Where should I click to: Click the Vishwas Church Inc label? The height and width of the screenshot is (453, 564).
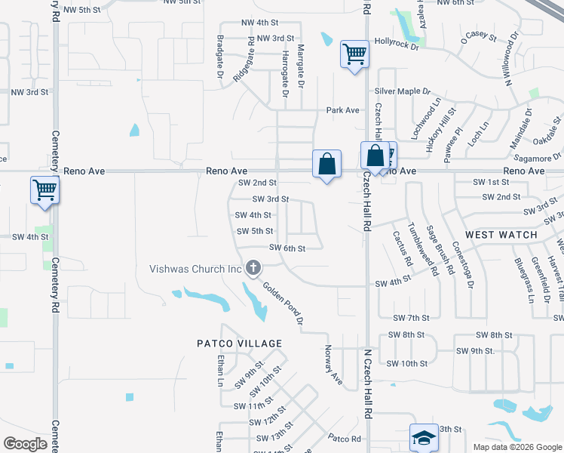195,269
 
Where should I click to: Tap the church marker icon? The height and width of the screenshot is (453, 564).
254,268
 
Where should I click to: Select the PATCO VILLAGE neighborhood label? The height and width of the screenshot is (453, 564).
239,344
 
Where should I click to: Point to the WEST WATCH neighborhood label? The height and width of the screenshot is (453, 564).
501,235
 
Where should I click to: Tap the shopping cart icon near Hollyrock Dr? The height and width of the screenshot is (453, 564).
354,54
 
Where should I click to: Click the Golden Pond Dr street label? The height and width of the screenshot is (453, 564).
284,304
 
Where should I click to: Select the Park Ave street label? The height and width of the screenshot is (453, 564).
342,110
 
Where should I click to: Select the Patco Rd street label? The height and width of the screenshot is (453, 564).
345,438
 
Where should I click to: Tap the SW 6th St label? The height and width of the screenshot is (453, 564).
287,248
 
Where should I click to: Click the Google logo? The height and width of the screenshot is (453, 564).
26,444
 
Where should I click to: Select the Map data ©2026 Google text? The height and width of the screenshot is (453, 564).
516,447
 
